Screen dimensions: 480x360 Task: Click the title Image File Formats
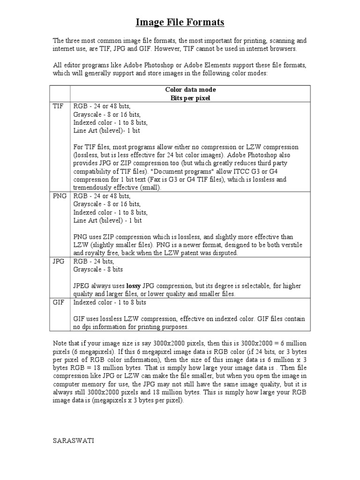pos(180,22)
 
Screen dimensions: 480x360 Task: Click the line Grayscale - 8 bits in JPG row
pos(98,270)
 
